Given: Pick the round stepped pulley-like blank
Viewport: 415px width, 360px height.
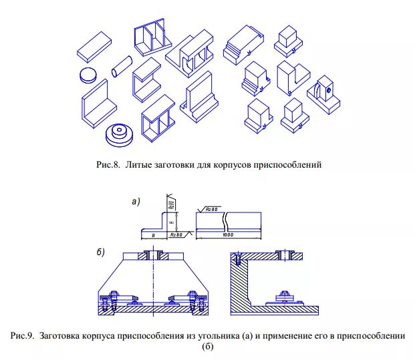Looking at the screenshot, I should (121, 134).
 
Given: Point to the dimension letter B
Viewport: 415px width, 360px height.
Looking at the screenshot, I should (153, 235).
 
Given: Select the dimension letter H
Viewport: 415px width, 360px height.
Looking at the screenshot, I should (172, 221).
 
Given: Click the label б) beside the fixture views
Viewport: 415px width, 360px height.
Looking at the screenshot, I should (101, 252).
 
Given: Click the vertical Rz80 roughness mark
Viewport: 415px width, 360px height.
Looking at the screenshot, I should (171, 203).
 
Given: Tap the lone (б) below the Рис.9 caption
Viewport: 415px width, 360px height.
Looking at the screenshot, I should (206, 347).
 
